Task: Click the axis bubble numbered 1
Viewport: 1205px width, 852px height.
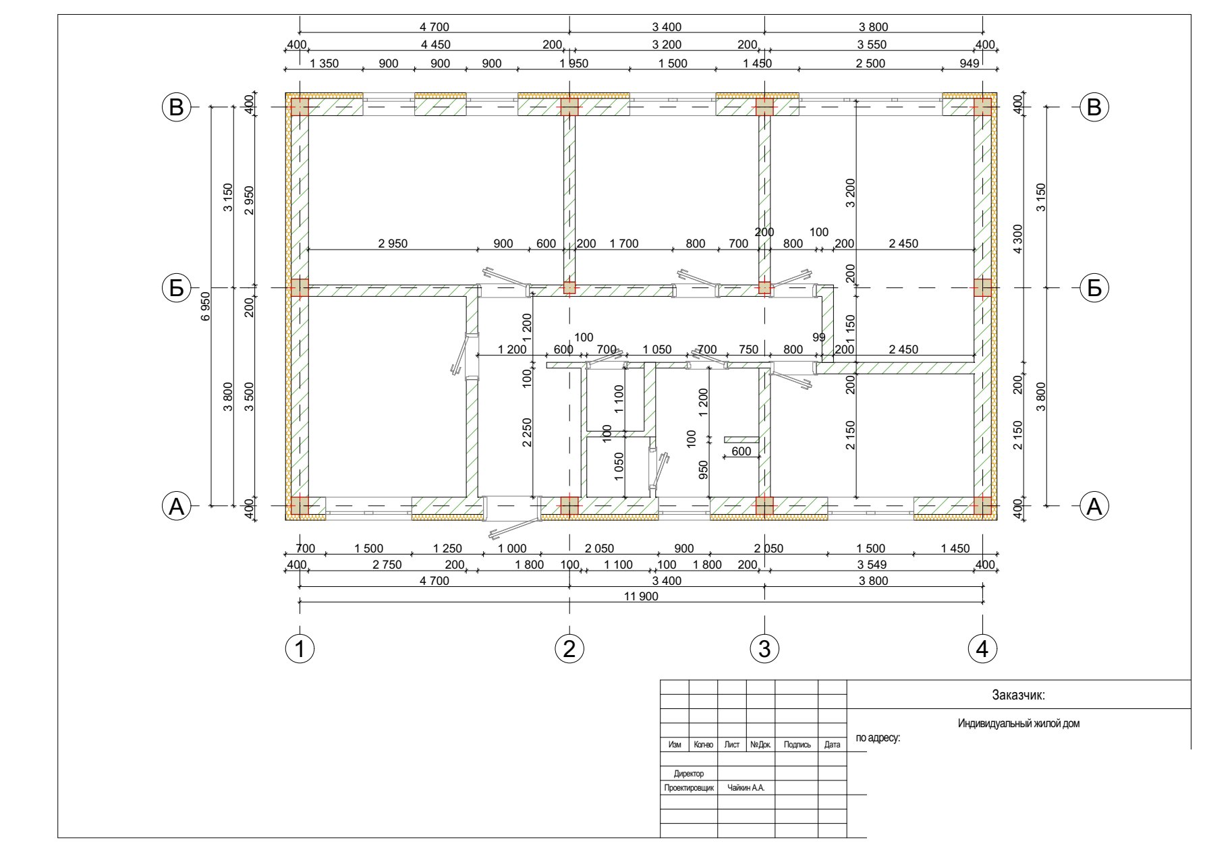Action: click(x=300, y=649)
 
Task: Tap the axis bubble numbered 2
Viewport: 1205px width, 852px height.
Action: click(x=569, y=649)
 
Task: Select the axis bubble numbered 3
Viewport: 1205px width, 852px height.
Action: click(x=764, y=649)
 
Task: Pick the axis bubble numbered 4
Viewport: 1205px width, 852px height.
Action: click(x=982, y=649)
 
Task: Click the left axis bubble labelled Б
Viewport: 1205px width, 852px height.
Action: click(x=176, y=288)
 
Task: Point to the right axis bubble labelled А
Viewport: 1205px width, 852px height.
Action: click(x=1094, y=506)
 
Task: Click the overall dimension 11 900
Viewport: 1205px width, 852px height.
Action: click(x=641, y=596)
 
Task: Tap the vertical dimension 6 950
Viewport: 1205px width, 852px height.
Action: click(x=206, y=306)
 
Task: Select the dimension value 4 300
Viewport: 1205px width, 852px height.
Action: click(x=1018, y=238)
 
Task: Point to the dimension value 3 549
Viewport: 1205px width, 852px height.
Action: click(x=872, y=565)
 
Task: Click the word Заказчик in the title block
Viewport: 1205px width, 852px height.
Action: click(x=1018, y=695)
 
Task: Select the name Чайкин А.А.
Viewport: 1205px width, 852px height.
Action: click(x=746, y=788)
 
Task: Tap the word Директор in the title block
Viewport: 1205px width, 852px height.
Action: click(x=689, y=774)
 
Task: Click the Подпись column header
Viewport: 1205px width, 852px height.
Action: click(x=797, y=745)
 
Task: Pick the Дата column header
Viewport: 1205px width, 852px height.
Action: click(x=833, y=745)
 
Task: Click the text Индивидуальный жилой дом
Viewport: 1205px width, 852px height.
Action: click(x=1019, y=724)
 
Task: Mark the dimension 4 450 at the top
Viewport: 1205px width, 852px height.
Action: click(x=435, y=45)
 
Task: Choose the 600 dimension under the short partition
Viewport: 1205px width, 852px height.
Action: click(x=741, y=451)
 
